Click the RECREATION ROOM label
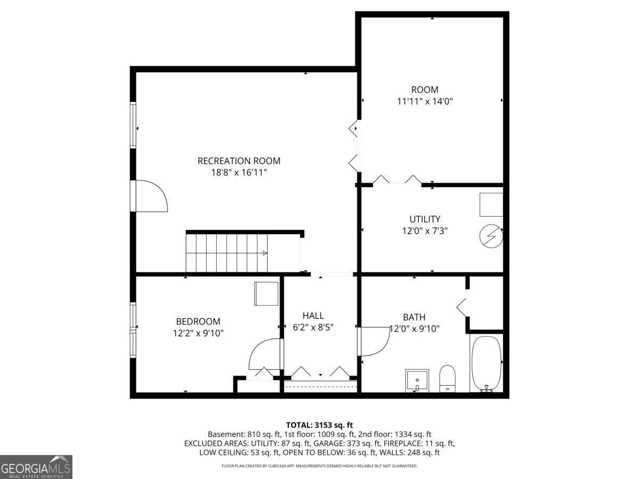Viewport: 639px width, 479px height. (239, 161)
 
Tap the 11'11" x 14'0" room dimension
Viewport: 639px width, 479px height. (424, 101)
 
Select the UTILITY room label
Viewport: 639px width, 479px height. (424, 219)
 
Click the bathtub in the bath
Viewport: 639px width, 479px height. (486, 364)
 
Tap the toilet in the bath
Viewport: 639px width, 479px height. (447, 378)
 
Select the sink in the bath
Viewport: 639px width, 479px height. (417, 380)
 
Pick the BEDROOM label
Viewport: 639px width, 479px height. (198, 321)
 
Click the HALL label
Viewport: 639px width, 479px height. (313, 316)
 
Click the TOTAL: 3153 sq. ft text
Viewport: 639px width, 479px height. (319, 425)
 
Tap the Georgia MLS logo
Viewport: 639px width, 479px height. (36, 467)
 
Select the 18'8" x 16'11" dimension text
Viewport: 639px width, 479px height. (239, 172)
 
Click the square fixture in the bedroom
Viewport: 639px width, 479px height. (266, 293)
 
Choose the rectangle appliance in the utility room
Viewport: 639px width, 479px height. (491, 204)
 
